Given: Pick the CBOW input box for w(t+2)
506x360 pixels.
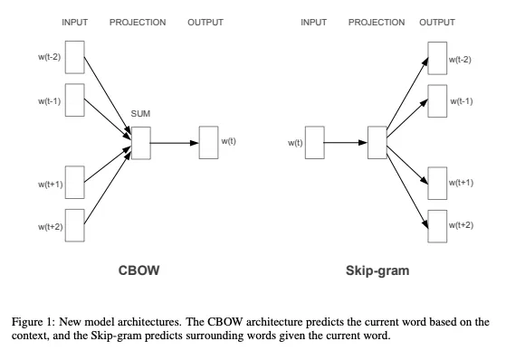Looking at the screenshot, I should tap(75, 225).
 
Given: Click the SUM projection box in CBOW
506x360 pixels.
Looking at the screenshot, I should tap(140, 142).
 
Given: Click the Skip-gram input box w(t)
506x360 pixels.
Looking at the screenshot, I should tap(314, 142).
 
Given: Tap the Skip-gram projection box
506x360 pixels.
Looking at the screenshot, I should tap(377, 142).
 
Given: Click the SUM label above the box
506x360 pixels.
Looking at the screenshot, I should tap(140, 115).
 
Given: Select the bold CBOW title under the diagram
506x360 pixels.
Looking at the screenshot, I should tap(139, 270).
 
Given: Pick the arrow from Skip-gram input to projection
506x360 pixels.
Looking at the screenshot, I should tap(345, 142).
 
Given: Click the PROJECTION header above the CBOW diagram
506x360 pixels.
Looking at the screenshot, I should tap(138, 23).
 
